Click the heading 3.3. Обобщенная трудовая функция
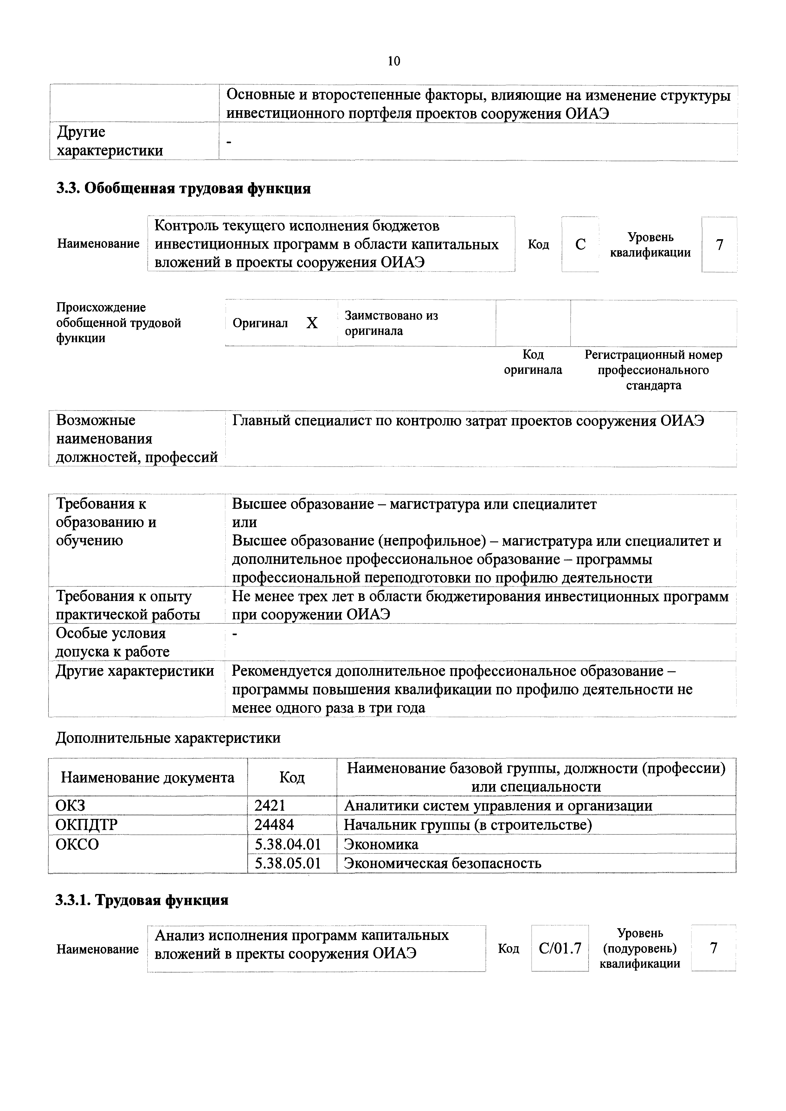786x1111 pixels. click(x=184, y=188)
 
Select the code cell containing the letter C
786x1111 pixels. click(x=580, y=244)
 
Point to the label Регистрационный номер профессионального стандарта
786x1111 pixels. click(x=654, y=370)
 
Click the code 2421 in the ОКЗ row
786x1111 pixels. click(x=270, y=806)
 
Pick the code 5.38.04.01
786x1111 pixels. click(x=288, y=844)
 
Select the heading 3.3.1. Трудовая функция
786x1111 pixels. click(x=142, y=900)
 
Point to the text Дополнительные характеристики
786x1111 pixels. click(x=168, y=738)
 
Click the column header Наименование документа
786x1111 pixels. click(x=148, y=778)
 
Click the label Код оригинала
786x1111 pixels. click(x=533, y=362)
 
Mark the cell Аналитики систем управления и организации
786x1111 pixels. click(x=498, y=806)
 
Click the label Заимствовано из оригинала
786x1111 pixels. click(x=391, y=323)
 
